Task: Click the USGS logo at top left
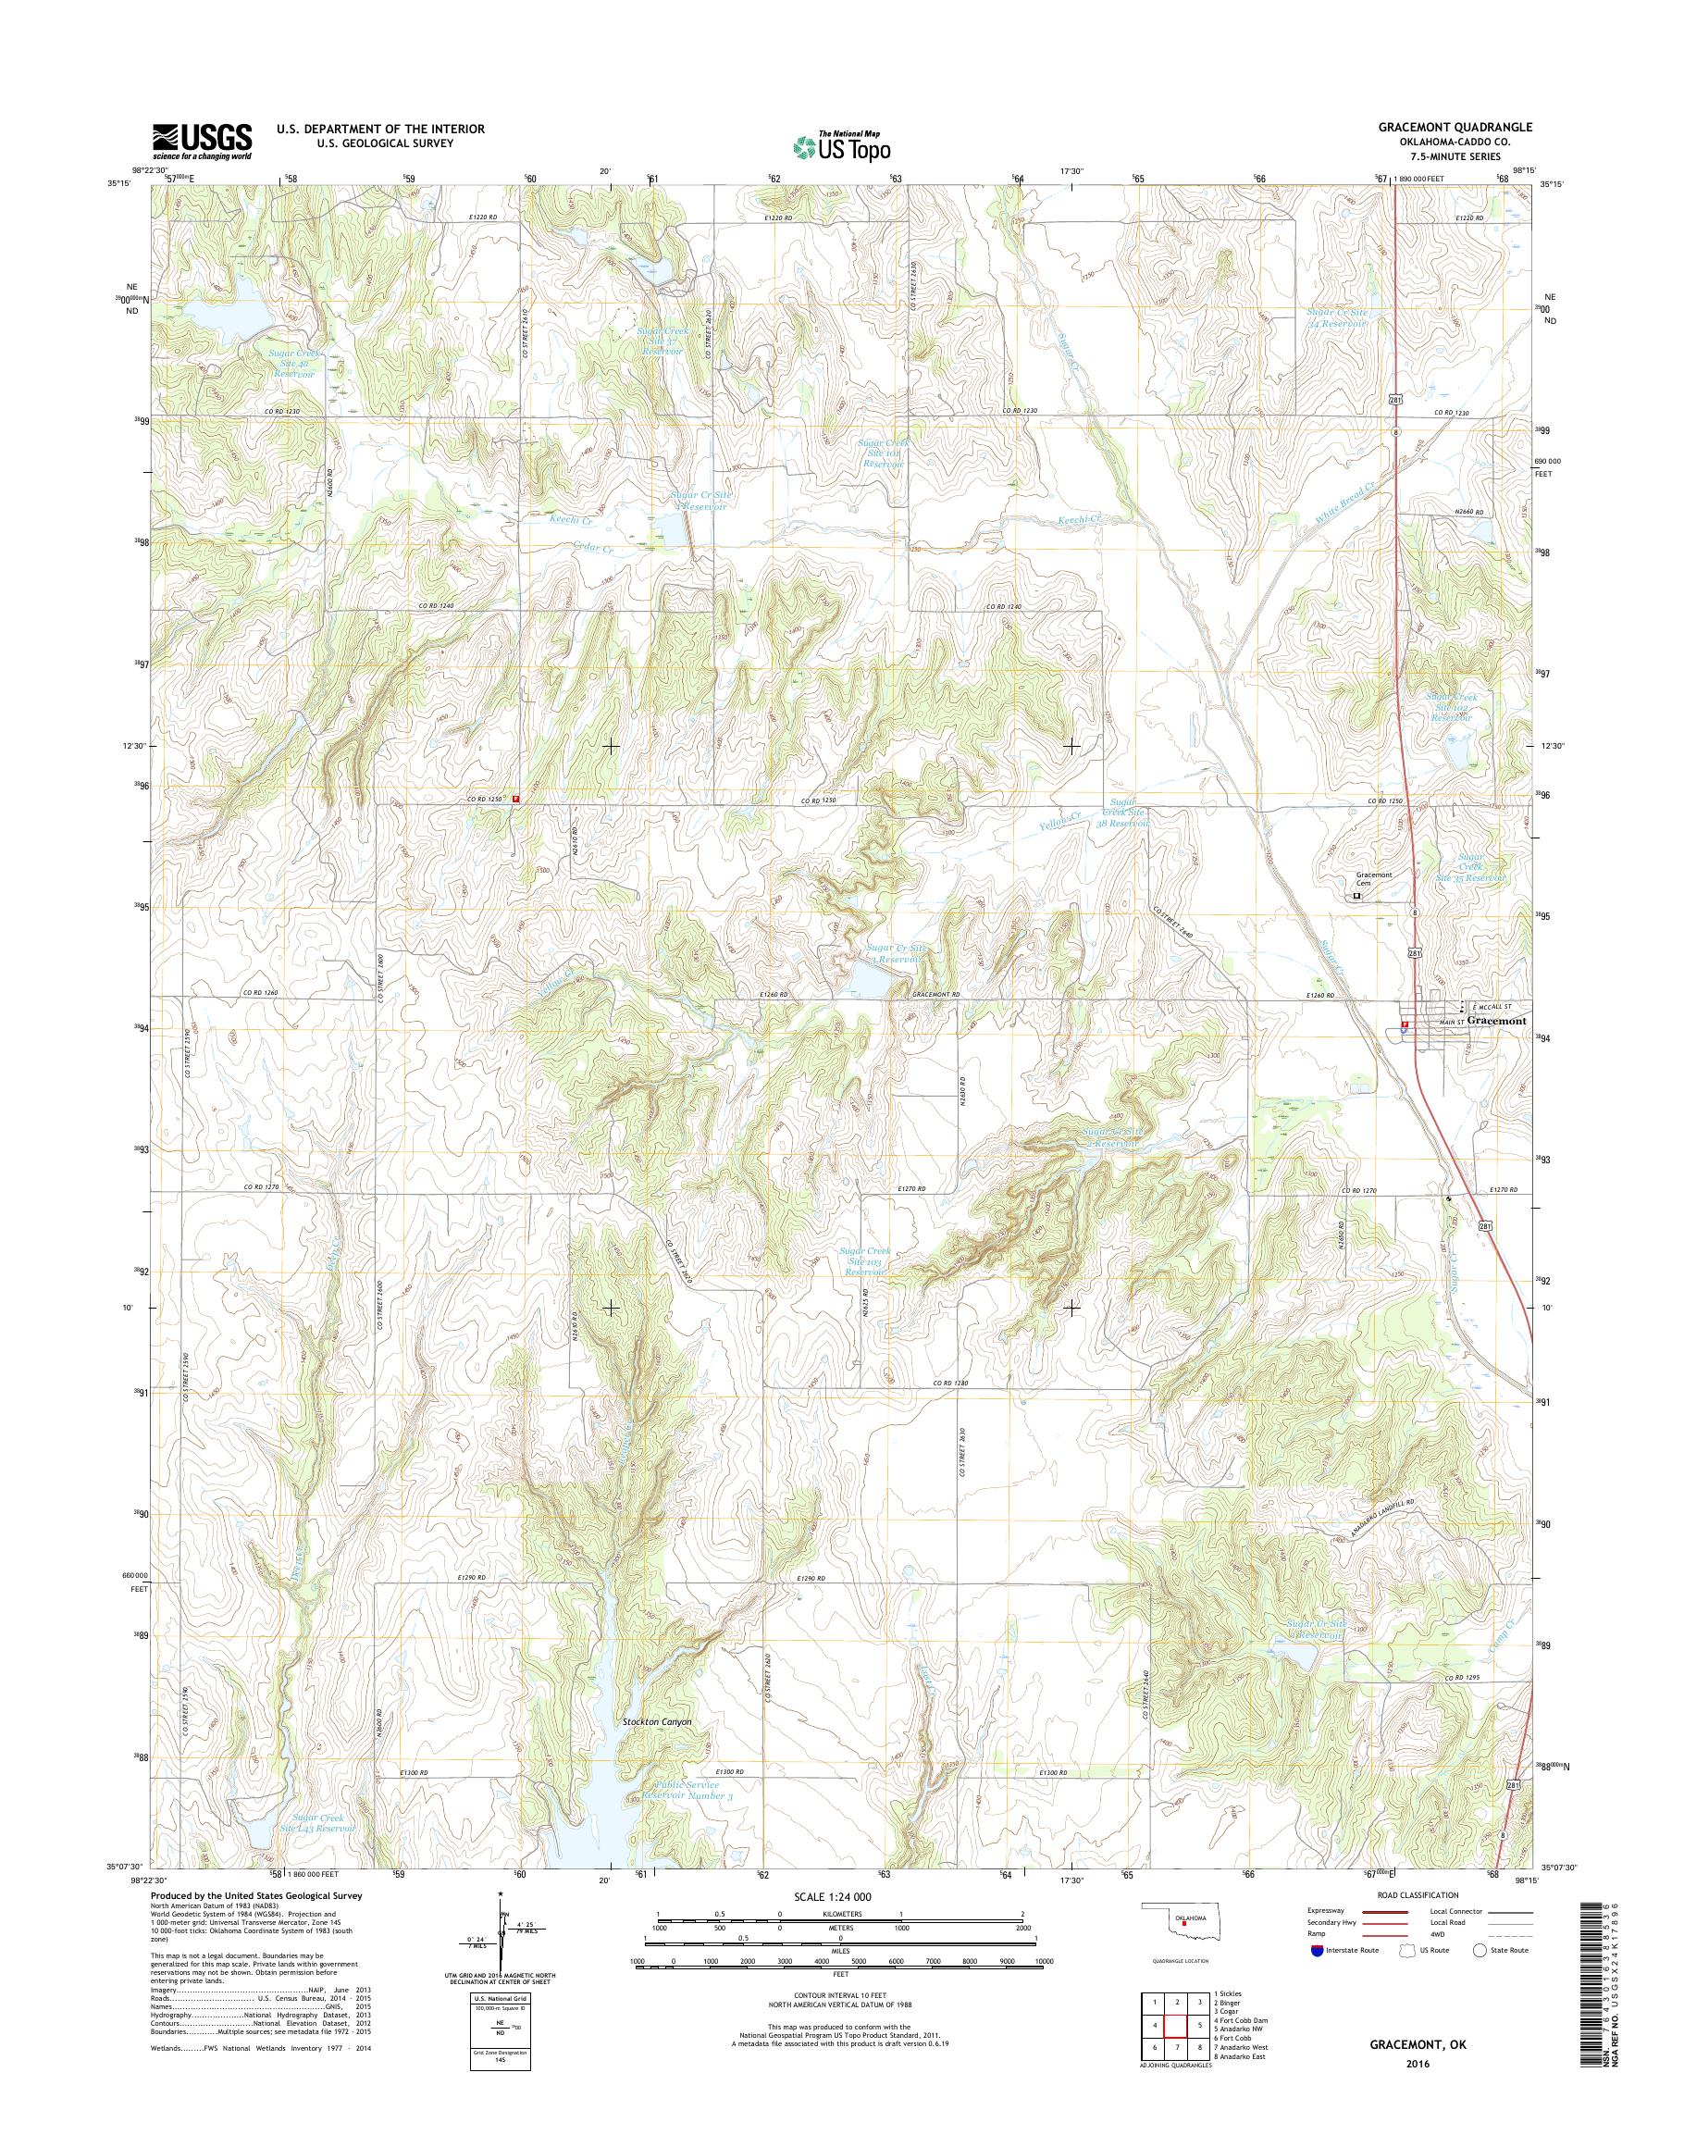pos(201,141)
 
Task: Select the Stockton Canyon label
pos(657,1722)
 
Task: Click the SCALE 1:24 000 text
pos(832,1896)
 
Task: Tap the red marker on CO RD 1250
pos(514,799)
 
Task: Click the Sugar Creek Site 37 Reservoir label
pos(662,341)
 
